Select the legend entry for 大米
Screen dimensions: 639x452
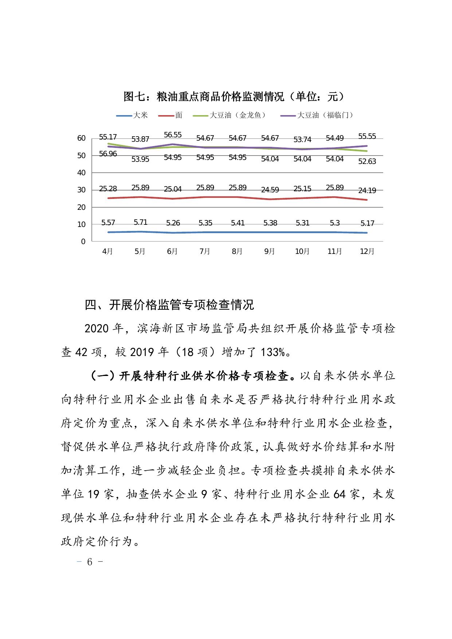tap(140, 115)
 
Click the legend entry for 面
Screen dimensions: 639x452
tap(178, 115)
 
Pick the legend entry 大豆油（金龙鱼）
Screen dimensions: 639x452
tap(238, 115)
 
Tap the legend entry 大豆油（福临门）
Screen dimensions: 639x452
tap(325, 115)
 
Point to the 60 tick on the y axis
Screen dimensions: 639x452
tap(81, 138)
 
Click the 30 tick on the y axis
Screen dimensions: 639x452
tap(81, 190)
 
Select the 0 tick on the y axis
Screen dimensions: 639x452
tap(83, 242)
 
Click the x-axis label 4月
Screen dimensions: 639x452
tap(108, 252)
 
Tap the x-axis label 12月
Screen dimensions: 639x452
tap(367, 252)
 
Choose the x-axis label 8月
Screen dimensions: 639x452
tap(237, 252)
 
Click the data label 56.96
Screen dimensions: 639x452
tap(108, 154)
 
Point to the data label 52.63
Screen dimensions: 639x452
tap(367, 161)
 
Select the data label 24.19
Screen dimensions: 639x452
tap(367, 190)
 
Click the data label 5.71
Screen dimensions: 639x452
tap(140, 222)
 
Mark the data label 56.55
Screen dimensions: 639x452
tap(173, 135)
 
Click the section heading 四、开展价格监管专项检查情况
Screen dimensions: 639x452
tap(169, 305)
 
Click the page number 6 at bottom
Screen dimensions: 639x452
tap(90, 562)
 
